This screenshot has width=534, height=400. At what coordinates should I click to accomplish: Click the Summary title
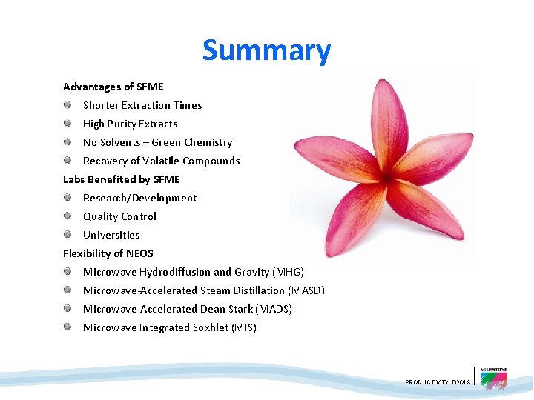point(266,50)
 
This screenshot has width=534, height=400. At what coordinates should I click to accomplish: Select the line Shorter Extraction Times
point(142,105)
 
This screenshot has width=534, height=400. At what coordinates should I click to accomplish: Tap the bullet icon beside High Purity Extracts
point(67,124)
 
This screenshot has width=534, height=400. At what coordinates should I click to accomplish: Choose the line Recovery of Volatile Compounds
point(161,161)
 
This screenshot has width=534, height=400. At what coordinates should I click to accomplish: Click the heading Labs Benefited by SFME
point(121,179)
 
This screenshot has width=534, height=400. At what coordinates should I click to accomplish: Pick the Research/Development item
point(139,198)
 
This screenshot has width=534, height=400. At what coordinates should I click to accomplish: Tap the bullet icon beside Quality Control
point(67,216)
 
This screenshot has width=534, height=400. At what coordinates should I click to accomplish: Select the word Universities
point(111,235)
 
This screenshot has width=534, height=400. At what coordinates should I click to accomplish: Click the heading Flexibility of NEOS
point(108,253)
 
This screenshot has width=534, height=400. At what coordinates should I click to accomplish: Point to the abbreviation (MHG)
point(288,272)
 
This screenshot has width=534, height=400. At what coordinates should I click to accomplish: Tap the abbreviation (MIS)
point(244,327)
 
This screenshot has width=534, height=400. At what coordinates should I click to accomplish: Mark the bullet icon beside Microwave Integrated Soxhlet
point(67,327)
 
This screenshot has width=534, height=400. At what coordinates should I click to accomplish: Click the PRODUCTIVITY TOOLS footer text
point(438,382)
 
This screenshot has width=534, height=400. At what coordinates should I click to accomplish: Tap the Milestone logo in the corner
point(493,379)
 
